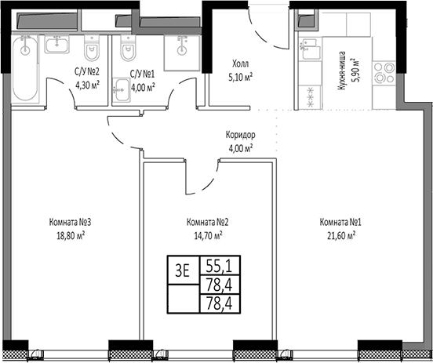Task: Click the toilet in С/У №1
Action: pos(129,52)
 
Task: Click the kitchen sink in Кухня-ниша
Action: pos(307,53)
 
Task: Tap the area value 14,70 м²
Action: pos(207,234)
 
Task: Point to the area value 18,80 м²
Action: pos(70,234)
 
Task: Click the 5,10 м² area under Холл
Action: pos(240,78)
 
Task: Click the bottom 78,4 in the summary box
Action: pos(220,299)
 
